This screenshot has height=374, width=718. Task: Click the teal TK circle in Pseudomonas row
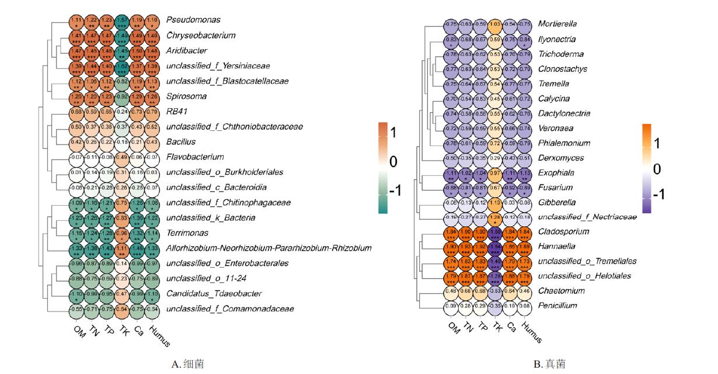pyautogui.click(x=121, y=22)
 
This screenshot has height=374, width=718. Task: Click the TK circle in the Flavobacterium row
pyautogui.click(x=121, y=157)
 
